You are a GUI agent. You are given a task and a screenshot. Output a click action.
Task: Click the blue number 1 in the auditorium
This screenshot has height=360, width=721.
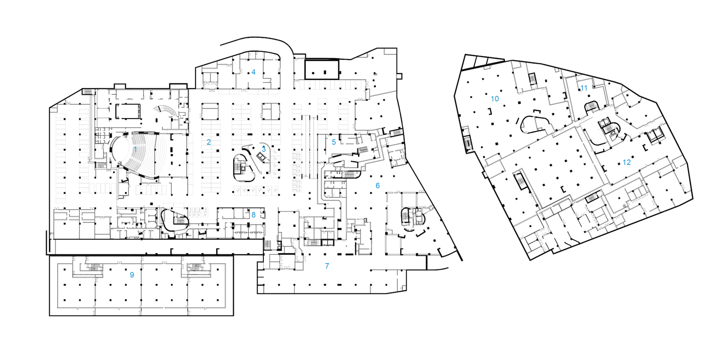pos(135,149)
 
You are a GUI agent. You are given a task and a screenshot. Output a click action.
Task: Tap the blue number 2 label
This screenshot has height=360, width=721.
pos(209,142)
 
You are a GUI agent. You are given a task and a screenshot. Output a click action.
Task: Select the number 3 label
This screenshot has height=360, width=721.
pos(263,149)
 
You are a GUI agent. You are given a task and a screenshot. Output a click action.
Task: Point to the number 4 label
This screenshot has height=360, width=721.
pos(253,72)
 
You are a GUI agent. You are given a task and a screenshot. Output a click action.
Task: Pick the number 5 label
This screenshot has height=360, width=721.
pos(334,142)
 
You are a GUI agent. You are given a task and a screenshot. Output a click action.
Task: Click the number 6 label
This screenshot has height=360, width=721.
pos(377,185)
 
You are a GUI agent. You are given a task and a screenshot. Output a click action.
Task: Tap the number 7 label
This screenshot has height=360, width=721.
pos(327,266)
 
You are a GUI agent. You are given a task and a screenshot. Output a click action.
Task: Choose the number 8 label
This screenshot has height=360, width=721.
pos(253,215)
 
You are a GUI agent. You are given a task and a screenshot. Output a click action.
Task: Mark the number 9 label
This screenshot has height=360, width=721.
pos(132,275)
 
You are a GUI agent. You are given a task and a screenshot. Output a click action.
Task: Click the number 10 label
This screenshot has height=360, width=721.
pos(494,98)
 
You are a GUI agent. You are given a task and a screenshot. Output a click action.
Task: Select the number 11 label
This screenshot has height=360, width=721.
pos(584,88)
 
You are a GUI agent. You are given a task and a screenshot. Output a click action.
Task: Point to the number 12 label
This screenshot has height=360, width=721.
pos(627,162)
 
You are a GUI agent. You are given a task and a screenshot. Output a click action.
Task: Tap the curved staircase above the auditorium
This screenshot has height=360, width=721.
pos(165,111)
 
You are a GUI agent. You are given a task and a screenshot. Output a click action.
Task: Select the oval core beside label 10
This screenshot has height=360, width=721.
pos(535,124)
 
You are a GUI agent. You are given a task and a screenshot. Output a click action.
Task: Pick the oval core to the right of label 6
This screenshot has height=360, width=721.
pos(412,216)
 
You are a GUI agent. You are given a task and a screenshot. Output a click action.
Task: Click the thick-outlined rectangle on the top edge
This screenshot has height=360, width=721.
pos(322,70)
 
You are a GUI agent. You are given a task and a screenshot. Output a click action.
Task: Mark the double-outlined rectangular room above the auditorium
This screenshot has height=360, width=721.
pos(128,111)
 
